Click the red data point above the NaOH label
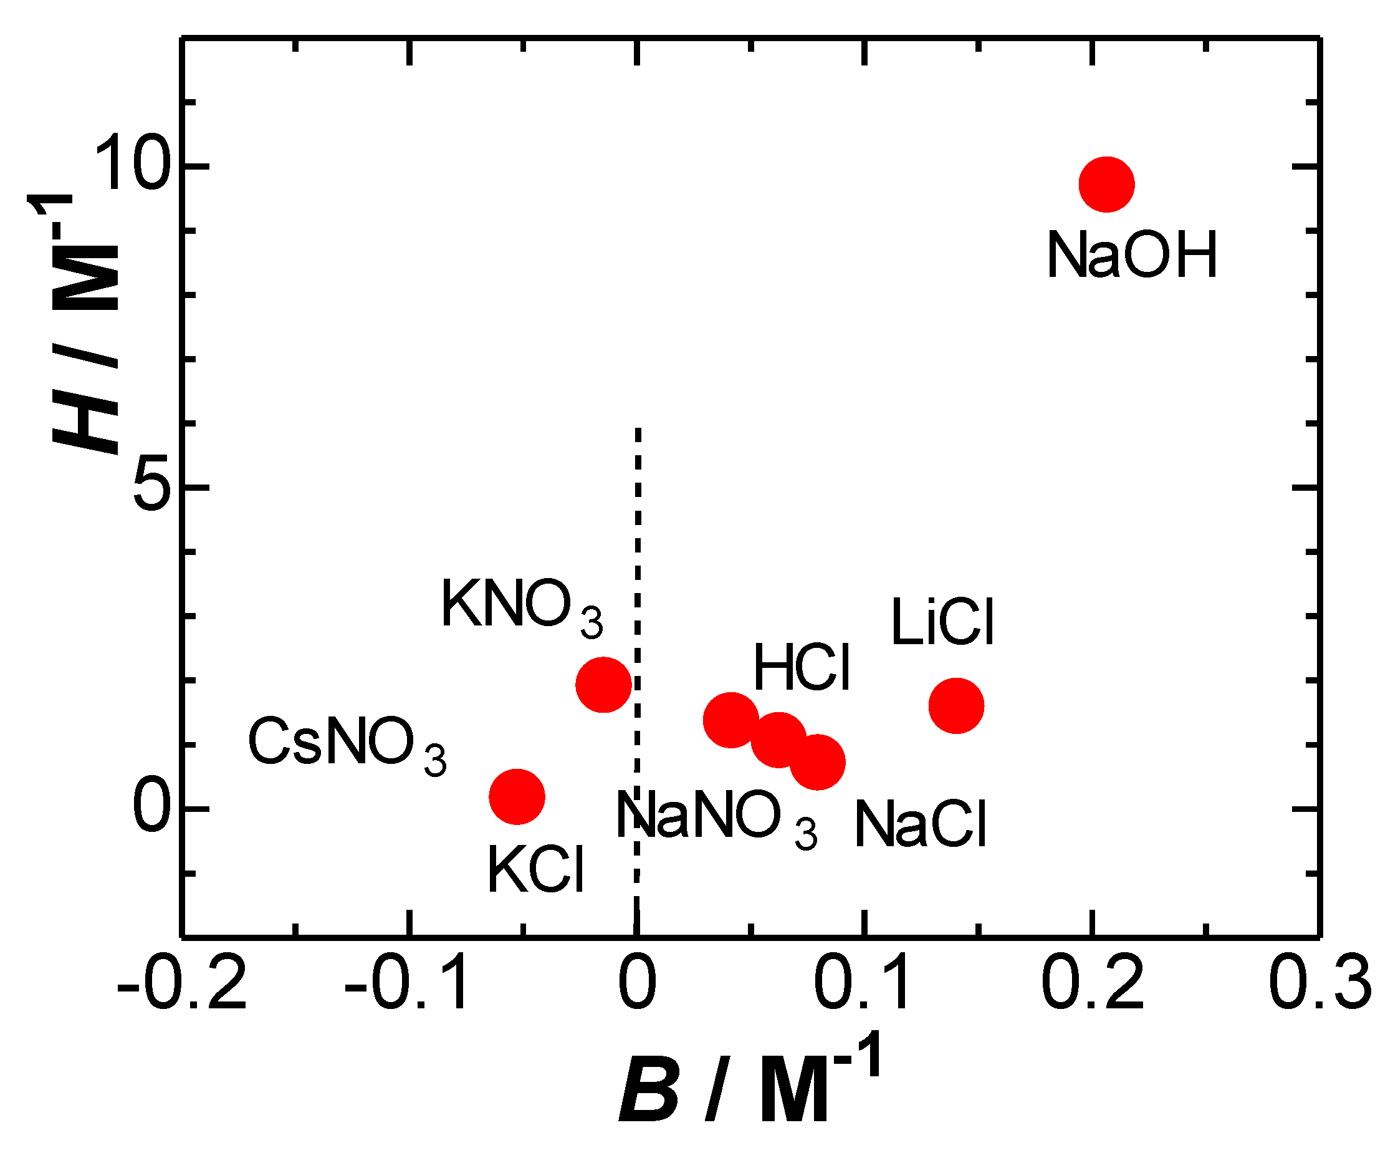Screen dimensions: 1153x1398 pyautogui.click(x=1106, y=185)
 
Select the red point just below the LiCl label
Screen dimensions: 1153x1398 pyautogui.click(x=956, y=706)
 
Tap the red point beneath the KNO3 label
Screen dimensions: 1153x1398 pyautogui.click(x=603, y=685)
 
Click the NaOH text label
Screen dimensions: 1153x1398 pyautogui.click(x=1132, y=255)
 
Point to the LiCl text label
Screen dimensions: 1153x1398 pyautogui.click(x=942, y=622)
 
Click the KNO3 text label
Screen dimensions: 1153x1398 pyautogui.click(x=522, y=606)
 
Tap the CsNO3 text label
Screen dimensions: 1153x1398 pyautogui.click(x=347, y=743)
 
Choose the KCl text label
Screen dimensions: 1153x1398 pyautogui.click(x=535, y=869)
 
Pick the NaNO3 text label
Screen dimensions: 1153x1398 pyautogui.click(x=716, y=817)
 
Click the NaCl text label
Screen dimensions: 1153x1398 pyautogui.click(x=921, y=825)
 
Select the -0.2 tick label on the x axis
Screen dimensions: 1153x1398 pyautogui.click(x=181, y=984)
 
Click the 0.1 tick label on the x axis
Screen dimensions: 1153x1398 pyautogui.click(x=863, y=984)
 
